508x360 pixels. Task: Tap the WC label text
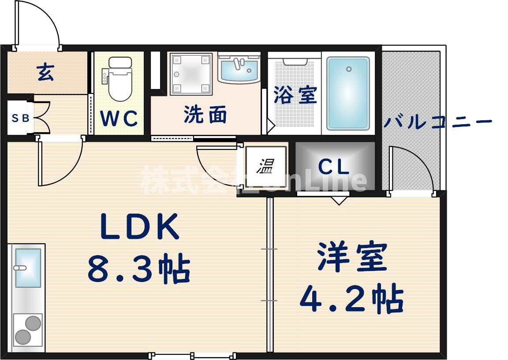[x=119, y=119]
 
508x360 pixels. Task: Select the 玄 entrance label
[x=45, y=72]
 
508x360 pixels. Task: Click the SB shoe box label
[x=20, y=118]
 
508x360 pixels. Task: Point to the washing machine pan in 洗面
[x=191, y=74]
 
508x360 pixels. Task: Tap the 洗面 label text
[x=205, y=115]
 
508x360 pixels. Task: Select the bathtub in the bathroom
[x=348, y=93]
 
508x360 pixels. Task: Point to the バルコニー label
[x=437, y=121]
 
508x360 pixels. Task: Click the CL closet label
[x=334, y=167]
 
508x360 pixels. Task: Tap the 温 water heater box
[x=266, y=167]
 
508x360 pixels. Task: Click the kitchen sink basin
[x=28, y=267]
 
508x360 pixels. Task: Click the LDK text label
[x=140, y=227]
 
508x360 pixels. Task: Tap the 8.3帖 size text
[x=139, y=269]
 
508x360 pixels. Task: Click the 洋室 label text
[x=352, y=257]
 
